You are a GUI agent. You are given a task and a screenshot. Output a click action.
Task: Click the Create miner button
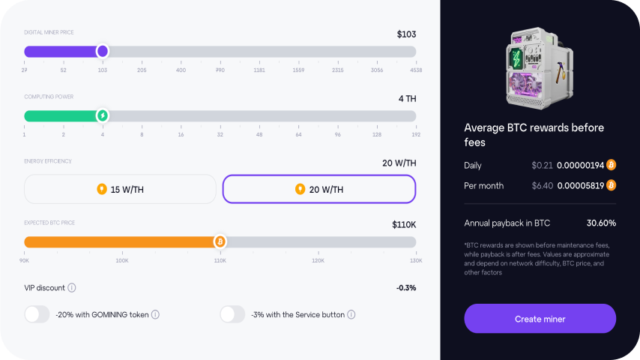[x=540, y=319]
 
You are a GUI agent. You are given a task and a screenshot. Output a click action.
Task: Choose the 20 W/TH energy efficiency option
[x=319, y=189]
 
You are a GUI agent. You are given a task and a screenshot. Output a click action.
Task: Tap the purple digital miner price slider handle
[x=103, y=51]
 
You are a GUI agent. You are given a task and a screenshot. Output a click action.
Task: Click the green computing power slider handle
[x=103, y=115]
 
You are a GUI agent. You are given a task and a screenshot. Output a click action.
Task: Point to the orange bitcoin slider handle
[x=220, y=241]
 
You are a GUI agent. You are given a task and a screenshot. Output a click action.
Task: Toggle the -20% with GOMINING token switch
[x=37, y=314]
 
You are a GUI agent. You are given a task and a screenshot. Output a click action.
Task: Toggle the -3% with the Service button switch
[x=232, y=314]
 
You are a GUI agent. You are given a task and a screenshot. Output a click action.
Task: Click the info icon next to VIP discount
[x=72, y=287]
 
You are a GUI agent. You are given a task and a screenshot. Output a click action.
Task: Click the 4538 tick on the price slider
[x=415, y=70]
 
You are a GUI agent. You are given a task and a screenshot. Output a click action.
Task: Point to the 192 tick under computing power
[x=416, y=135]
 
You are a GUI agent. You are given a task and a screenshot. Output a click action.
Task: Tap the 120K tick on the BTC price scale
[x=318, y=261]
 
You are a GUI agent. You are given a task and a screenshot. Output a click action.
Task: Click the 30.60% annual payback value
[x=601, y=223]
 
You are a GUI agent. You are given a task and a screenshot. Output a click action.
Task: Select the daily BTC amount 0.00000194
[x=579, y=165]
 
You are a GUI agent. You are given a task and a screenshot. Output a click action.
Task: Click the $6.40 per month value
[x=542, y=185]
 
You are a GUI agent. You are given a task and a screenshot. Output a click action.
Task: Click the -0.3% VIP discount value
[x=406, y=287]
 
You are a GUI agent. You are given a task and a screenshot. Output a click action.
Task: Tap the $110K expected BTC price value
[x=404, y=224]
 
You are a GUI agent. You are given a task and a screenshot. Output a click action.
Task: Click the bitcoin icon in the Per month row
[x=611, y=185]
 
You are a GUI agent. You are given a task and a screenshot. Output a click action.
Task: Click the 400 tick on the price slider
[x=181, y=70]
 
